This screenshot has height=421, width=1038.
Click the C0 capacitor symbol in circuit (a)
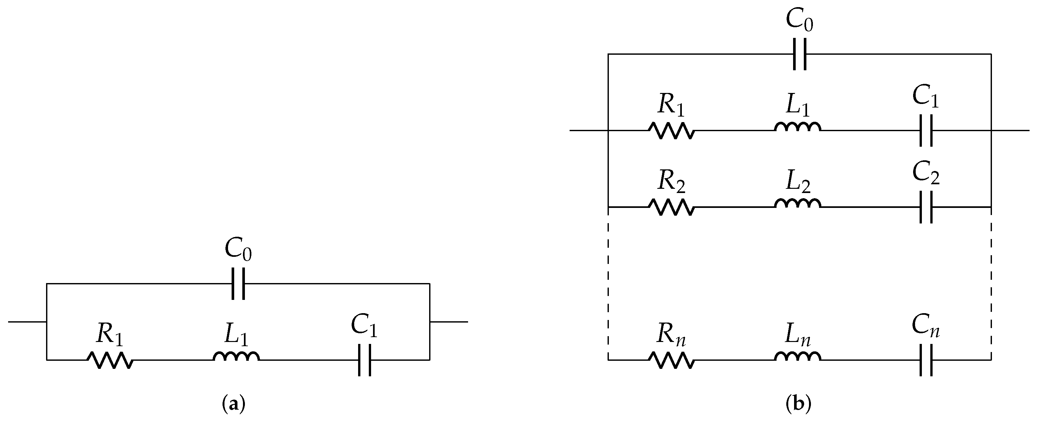point(238,283)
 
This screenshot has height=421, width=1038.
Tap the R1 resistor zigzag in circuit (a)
point(110,360)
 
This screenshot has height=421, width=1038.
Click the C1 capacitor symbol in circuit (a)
point(365,360)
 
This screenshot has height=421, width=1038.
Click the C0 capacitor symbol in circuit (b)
point(800,54)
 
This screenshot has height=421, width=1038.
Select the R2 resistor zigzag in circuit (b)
point(671,207)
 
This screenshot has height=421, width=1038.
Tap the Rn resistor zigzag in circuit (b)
point(671,360)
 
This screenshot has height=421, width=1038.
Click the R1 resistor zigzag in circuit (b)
point(671,131)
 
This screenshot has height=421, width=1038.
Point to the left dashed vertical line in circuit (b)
point(608,282)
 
